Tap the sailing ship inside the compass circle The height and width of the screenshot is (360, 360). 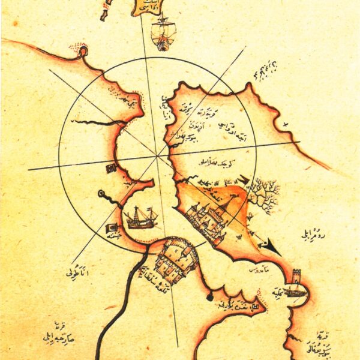pos(142,217)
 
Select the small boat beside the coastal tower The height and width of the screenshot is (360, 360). pos(295,292)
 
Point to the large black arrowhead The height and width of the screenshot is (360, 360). pos(271,247)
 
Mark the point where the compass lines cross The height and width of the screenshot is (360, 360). pos(157,155)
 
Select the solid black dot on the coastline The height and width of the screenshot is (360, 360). pos(209,296)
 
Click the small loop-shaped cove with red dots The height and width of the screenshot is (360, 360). pos(83,53)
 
